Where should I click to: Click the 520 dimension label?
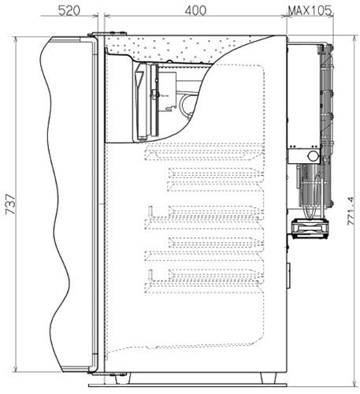point(69,11)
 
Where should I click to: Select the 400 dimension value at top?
point(195,11)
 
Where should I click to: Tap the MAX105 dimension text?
point(310,11)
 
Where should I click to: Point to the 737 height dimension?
point(11,204)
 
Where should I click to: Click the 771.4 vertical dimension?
point(351,211)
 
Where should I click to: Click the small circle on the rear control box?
point(313,155)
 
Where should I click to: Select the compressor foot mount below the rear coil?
point(310,229)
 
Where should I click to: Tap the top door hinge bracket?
point(108,34)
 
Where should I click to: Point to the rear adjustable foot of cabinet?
point(268,377)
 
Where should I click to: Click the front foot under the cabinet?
point(123,378)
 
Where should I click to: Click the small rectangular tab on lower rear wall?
point(288,275)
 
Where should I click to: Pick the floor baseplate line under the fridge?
point(187,385)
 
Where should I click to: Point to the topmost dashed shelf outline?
point(199,152)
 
